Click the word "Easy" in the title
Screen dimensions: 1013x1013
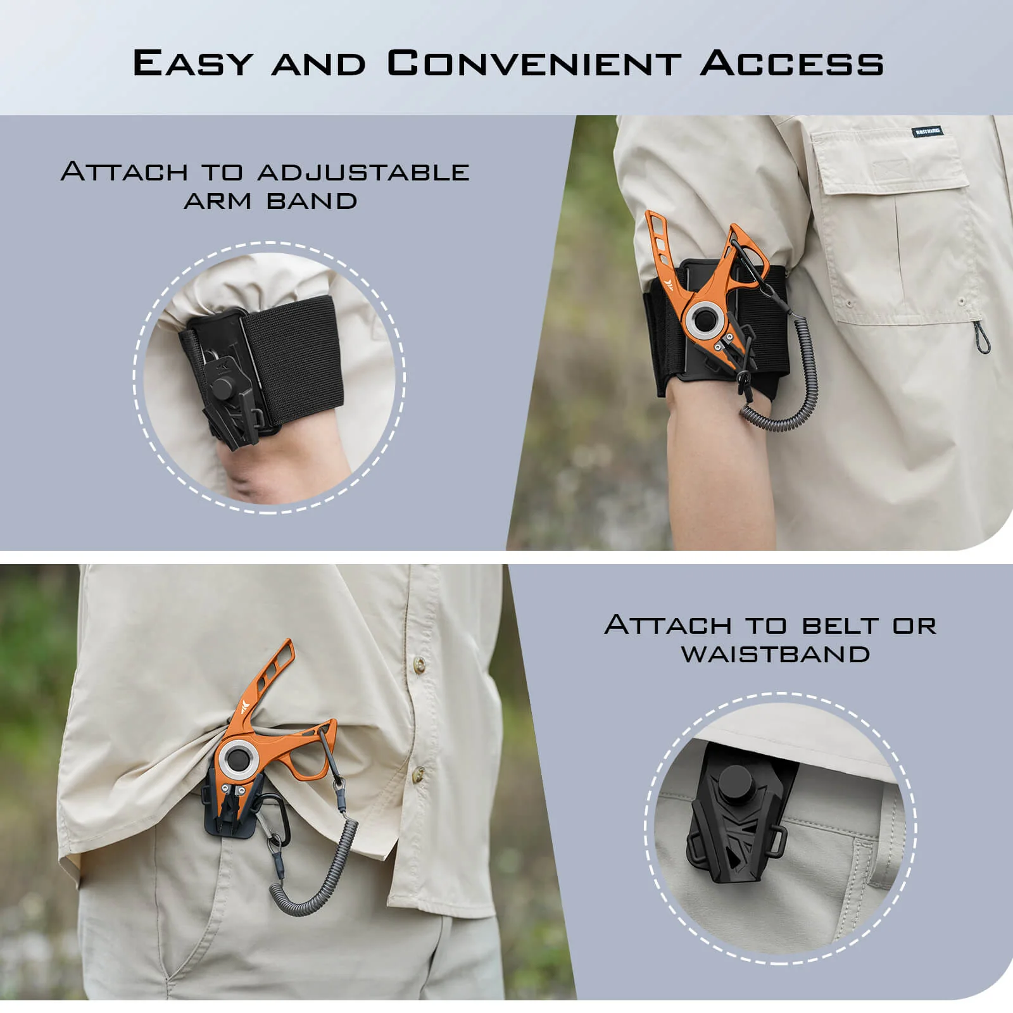click(x=192, y=63)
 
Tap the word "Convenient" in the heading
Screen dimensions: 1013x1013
click(x=534, y=63)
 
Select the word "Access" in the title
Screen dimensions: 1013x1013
click(x=791, y=63)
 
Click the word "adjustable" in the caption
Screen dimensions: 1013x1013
click(x=363, y=172)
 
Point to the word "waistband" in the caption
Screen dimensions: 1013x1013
click(x=776, y=654)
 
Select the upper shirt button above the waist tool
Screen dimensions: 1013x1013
click(x=418, y=663)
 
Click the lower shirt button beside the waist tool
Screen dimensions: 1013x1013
click(x=418, y=773)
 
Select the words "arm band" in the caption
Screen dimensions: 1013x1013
click(x=271, y=201)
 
